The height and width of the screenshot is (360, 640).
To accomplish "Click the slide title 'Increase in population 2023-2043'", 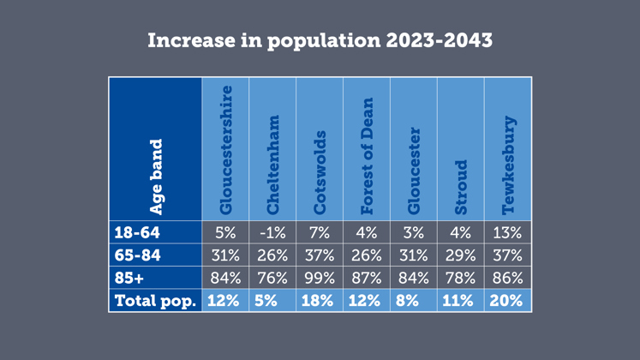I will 320,41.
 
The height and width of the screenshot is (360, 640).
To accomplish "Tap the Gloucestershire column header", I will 226,149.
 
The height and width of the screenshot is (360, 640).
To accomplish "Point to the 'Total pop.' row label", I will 155,301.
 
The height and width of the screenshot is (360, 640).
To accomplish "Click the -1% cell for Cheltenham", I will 273,232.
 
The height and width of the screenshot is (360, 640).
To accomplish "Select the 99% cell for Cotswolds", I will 320,278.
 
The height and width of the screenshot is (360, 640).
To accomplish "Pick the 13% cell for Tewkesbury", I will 508,232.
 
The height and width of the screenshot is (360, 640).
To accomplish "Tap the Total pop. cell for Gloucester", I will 414,301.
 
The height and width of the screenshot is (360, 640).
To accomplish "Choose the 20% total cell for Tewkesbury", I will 508,301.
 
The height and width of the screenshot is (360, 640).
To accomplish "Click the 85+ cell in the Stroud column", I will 461,278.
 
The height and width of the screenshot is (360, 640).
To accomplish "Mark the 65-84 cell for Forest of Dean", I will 367,255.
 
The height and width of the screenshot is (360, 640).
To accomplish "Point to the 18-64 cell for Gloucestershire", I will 226,232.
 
